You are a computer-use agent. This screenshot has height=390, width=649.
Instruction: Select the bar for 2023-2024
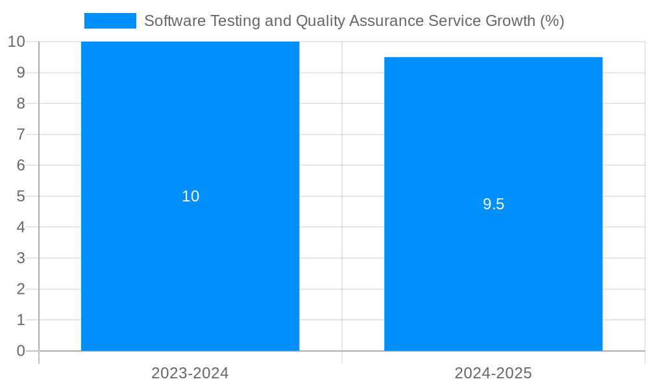coord(190,260)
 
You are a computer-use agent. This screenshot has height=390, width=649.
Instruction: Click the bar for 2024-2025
coord(493,273)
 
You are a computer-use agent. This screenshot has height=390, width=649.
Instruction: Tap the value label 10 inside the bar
coord(190,196)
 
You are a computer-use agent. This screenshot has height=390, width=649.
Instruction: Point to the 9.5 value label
coord(493,204)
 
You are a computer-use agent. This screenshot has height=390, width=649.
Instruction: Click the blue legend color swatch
coord(110,21)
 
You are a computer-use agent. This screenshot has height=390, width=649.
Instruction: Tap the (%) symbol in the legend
coord(552,21)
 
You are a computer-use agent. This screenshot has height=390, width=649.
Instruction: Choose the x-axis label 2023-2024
coord(190,373)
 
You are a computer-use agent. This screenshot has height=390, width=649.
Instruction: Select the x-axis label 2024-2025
coord(493,373)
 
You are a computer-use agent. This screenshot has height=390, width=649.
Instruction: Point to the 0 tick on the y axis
coord(21,351)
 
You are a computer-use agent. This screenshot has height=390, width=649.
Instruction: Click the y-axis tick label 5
coord(21,196)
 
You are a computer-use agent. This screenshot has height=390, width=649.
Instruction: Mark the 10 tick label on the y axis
coord(16,42)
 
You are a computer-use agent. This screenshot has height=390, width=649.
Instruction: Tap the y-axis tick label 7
coord(21,135)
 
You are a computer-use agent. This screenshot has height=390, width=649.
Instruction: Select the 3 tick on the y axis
coord(21,258)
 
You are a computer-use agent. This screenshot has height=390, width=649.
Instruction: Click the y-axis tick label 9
coord(21,73)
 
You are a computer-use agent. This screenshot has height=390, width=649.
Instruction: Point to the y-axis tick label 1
coord(21,320)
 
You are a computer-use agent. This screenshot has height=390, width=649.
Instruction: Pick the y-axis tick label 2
coord(21,289)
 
